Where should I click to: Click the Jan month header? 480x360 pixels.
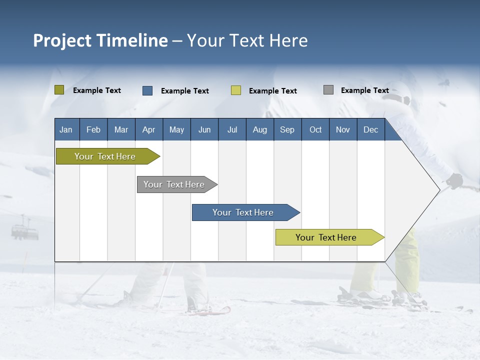click(66, 129)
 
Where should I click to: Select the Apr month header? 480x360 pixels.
click(149, 129)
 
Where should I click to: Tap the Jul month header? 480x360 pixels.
click(232, 129)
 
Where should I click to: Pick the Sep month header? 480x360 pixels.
click(287, 129)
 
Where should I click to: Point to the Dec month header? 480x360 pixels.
click(370, 129)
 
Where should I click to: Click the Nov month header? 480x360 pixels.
click(343, 129)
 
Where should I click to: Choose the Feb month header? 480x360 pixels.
click(93, 129)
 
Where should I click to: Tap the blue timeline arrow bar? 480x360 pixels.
click(243, 212)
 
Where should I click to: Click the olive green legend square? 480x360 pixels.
click(59, 90)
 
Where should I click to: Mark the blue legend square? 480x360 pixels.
click(147, 90)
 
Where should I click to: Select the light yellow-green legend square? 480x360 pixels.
click(236, 90)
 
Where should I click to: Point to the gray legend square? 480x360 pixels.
click(328, 90)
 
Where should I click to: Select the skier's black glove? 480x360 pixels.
click(455, 180)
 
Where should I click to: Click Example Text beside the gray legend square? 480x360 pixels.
click(364, 90)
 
